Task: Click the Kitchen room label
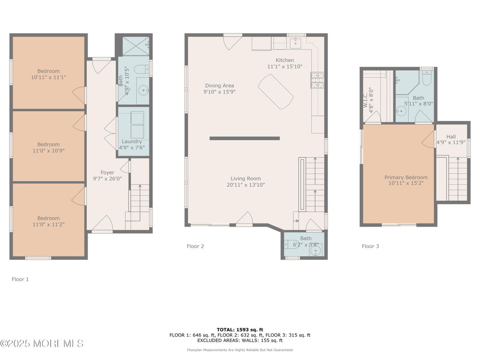285,60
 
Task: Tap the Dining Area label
219,86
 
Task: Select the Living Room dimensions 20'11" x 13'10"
246,185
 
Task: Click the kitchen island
276,92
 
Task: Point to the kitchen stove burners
317,80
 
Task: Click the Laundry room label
132,141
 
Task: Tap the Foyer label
107,173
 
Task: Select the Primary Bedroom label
406,178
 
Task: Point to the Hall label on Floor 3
451,137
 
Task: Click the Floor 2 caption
195,246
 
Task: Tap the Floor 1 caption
20,279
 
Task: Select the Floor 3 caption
370,246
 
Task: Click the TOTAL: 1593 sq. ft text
240,330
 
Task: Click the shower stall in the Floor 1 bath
136,46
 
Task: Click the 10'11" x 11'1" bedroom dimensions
48,77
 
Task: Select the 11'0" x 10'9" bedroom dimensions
48,150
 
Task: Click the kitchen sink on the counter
296,43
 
